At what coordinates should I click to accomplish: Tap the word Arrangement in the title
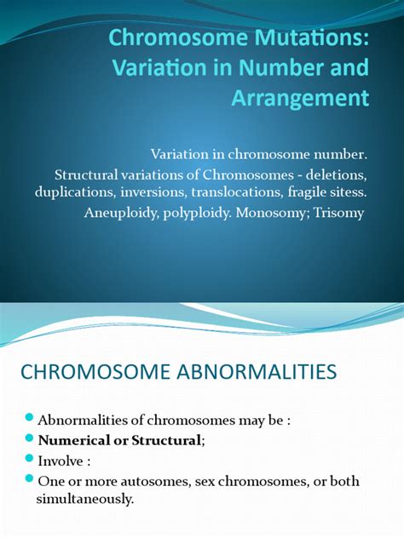click(299, 99)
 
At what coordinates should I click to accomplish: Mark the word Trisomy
click(338, 213)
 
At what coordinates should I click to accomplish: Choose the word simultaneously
click(86, 499)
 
